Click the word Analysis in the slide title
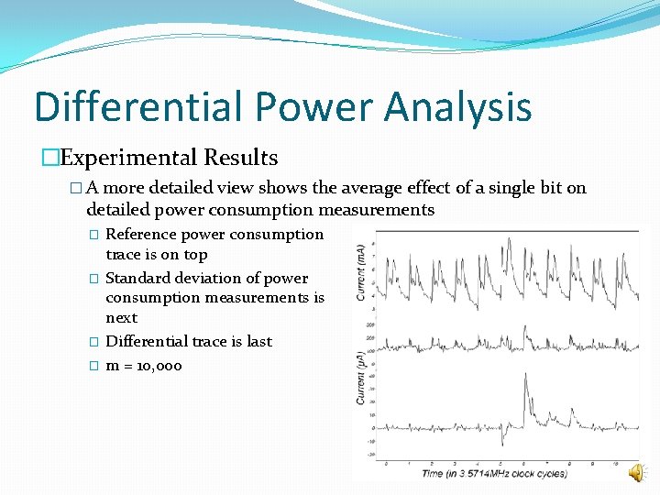point(457,106)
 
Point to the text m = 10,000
point(144,366)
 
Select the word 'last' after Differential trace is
point(259,341)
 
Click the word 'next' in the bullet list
point(122,318)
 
